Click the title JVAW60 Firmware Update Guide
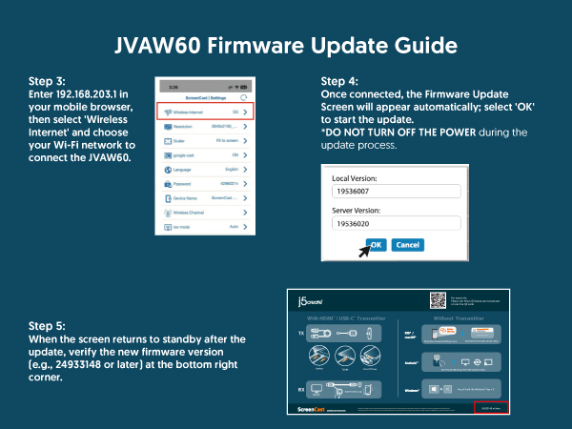tap(285, 45)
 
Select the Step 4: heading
tap(340, 81)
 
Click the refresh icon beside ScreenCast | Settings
tap(246, 98)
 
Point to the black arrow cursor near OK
tap(363, 252)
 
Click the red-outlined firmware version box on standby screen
tap(492, 407)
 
